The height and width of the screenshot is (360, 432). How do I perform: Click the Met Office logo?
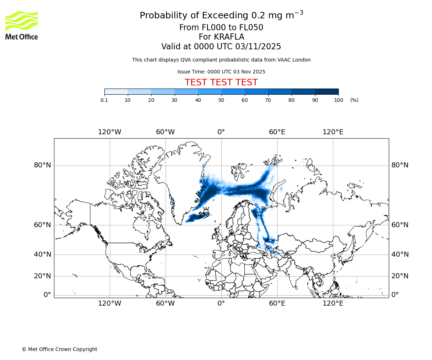pos(22,25)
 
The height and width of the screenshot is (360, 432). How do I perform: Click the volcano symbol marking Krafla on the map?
pos(206,211)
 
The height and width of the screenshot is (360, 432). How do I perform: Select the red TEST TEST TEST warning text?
pos(221,83)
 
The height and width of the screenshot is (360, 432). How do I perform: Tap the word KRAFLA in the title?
pos(229,37)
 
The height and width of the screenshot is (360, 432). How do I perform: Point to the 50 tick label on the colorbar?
pos(221,100)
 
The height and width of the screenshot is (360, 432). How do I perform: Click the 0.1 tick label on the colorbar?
pos(104,100)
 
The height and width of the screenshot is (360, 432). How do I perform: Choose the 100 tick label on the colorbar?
pos(338,100)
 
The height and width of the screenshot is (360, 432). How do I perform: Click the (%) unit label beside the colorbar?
pos(354,100)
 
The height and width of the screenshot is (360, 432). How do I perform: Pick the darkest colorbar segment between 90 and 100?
pos(327,92)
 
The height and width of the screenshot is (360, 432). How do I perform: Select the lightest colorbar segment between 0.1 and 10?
pos(116,92)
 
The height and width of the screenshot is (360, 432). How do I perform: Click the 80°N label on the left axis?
pos(42,165)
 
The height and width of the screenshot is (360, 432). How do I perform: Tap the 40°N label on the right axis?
pos(400,255)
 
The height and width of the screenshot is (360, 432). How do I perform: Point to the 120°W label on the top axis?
pos(109,132)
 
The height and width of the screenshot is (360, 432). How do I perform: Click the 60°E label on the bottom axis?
pos(277,303)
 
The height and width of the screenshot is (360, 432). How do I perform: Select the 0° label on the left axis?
pos(47,295)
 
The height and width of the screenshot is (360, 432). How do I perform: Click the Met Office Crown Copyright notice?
pos(59,349)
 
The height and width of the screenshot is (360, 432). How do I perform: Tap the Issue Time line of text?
pos(221,72)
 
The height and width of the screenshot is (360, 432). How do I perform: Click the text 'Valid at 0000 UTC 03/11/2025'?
pos(221,47)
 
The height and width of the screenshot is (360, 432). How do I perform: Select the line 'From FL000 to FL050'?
pos(221,28)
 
